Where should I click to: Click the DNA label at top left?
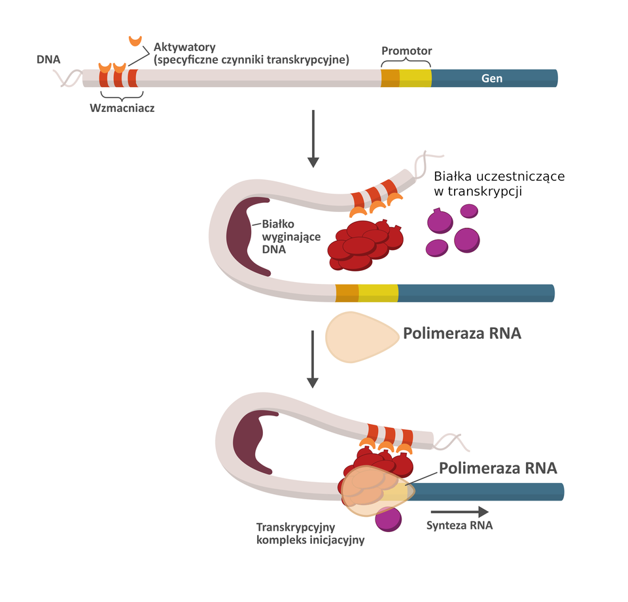coord(48,60)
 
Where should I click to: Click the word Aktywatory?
coord(184,48)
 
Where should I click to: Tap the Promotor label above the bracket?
coord(406,51)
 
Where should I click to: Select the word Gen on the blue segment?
coord(492,78)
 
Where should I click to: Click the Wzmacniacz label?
coord(122,108)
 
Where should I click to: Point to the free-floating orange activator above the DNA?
coord(135,41)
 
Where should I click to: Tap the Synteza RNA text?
coord(459,525)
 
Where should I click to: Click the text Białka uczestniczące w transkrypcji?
coord(498,184)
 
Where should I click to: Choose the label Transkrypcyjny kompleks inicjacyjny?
coord(310,533)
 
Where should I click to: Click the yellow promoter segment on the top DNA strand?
coord(415,78)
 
